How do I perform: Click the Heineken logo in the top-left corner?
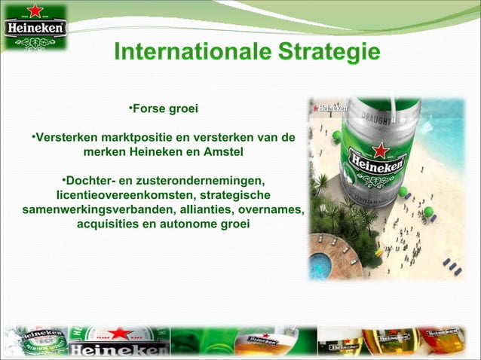(x=35, y=28)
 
